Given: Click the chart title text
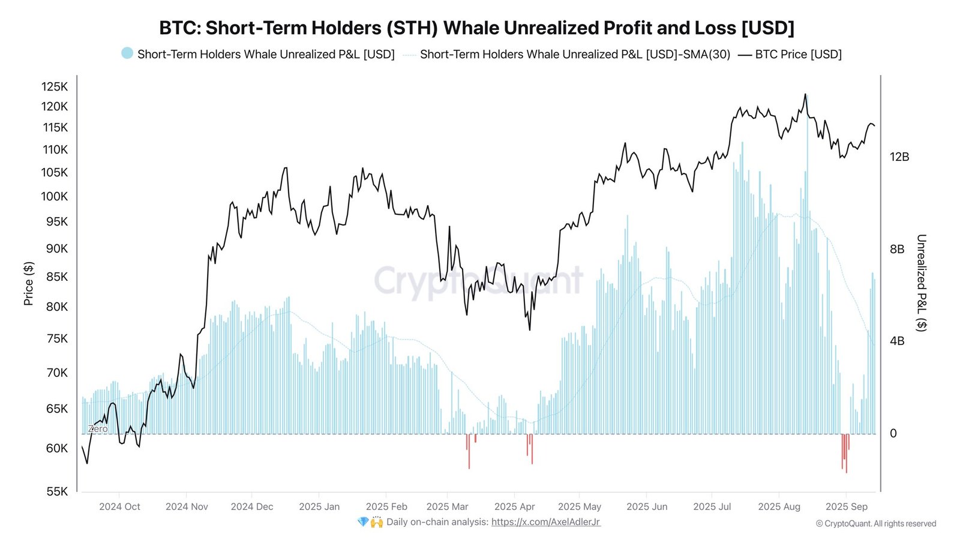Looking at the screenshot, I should click(x=476, y=28).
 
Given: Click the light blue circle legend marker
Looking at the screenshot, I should click(x=127, y=53).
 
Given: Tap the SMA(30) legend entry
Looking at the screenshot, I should click(x=574, y=55).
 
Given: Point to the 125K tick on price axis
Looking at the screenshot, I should click(x=55, y=86).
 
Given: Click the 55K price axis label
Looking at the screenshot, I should click(x=57, y=491).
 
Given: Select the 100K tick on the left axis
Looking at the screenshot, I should click(x=55, y=196).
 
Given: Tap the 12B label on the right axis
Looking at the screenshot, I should click(x=899, y=157).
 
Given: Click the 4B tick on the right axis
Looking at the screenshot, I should click(x=896, y=341).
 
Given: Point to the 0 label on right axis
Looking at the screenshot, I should click(x=893, y=433).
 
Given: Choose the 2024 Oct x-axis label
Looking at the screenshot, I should click(x=119, y=506).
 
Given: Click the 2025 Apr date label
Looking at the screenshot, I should click(x=514, y=506).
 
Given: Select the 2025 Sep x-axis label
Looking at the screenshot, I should click(x=846, y=506).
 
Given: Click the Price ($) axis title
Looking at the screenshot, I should click(x=28, y=283).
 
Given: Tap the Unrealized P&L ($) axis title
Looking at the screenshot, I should click(x=921, y=283).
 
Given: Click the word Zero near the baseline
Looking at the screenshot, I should click(x=98, y=429).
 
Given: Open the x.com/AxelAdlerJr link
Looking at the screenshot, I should click(x=545, y=522).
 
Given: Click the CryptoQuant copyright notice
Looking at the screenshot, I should click(x=875, y=524).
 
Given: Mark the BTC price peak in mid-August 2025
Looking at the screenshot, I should click(x=805, y=95).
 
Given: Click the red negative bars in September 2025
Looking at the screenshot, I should click(x=845, y=453).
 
